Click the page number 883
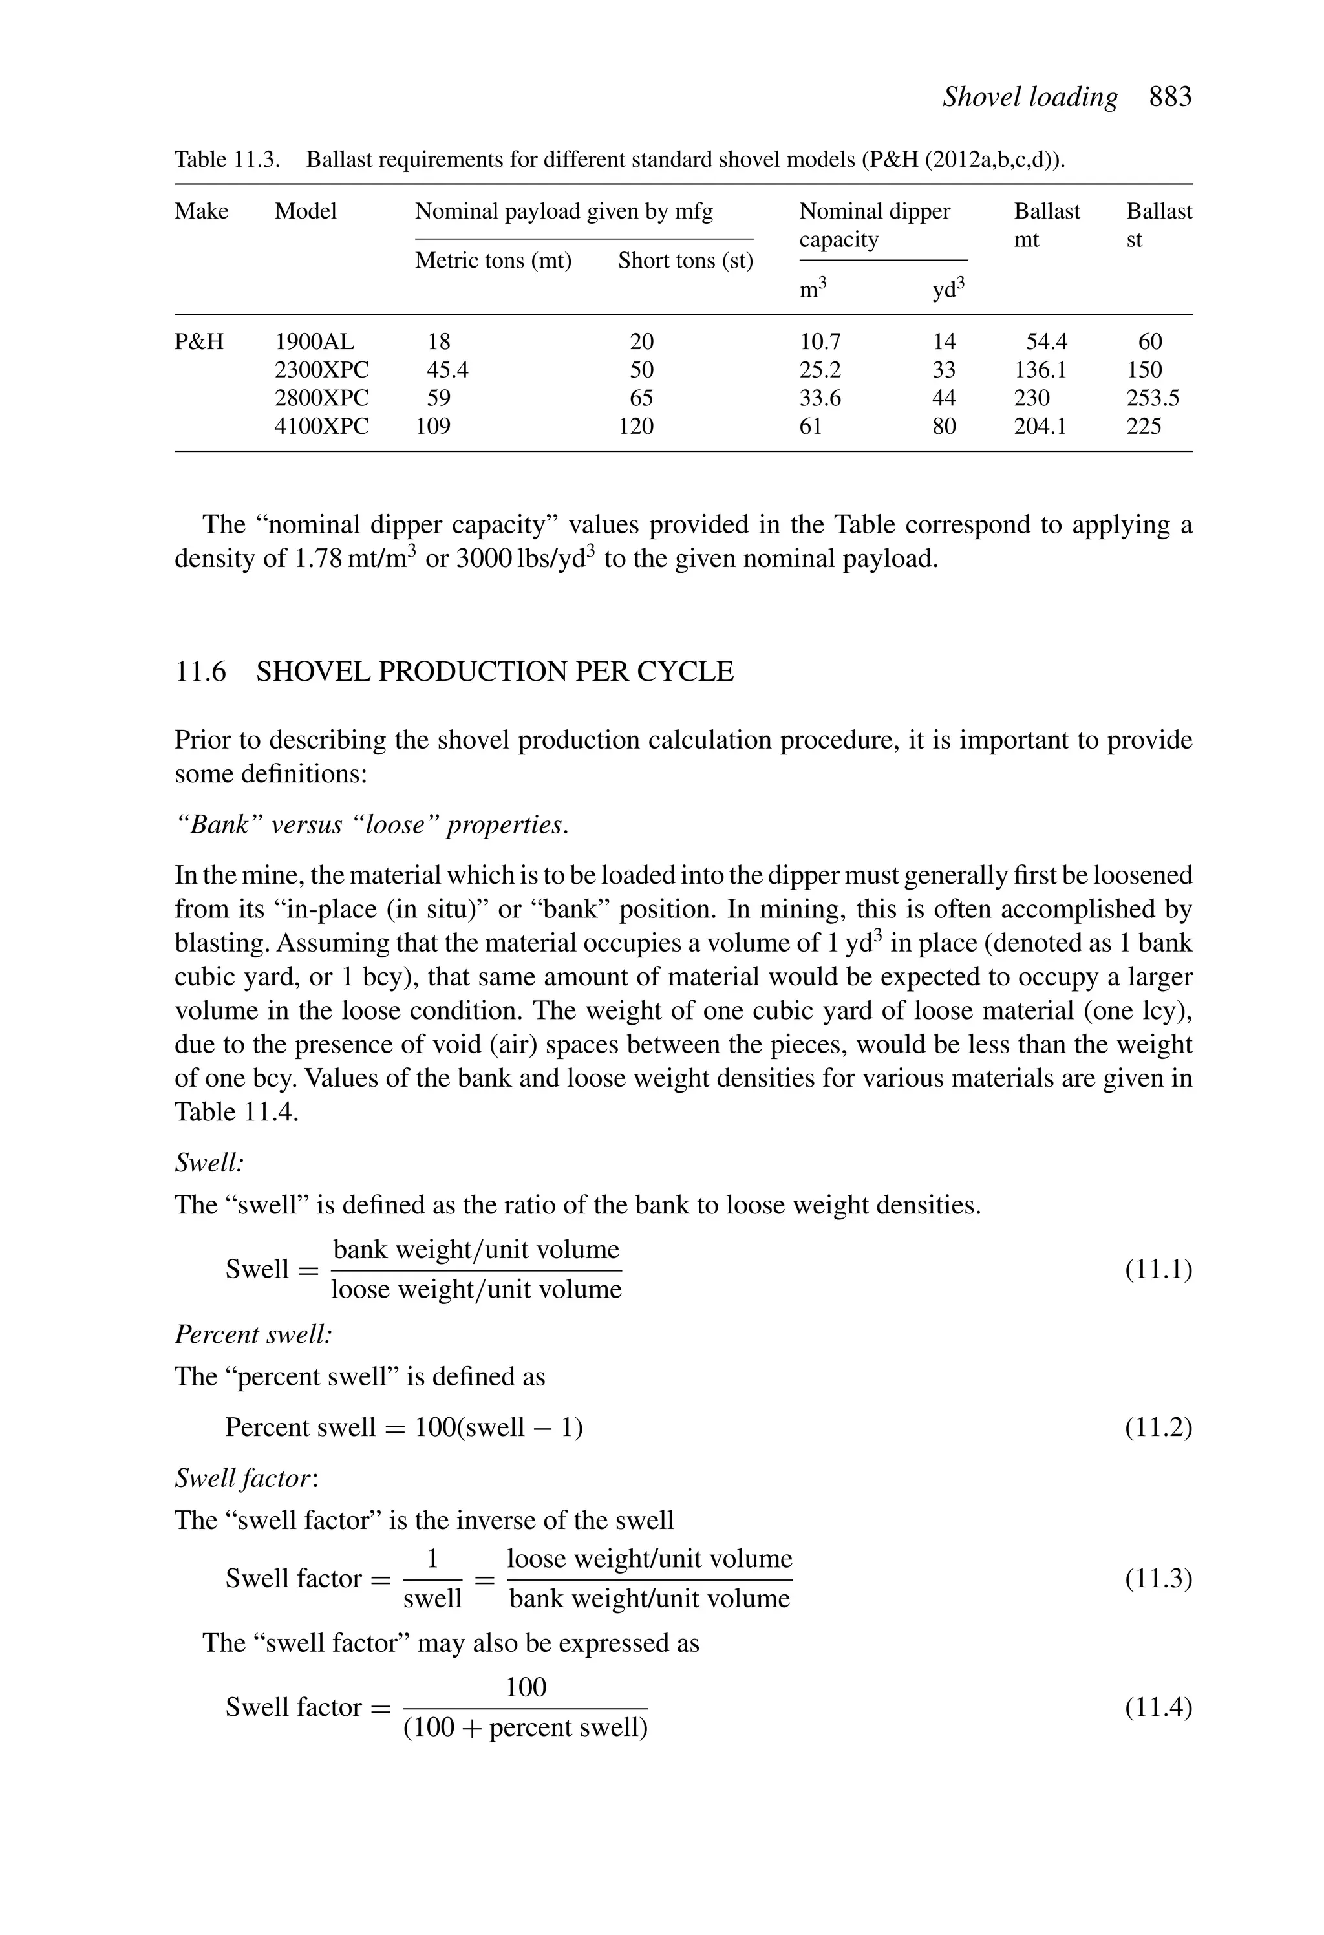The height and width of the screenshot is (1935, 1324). click(1170, 98)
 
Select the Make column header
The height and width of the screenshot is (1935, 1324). click(202, 211)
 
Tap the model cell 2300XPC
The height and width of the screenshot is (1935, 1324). click(321, 370)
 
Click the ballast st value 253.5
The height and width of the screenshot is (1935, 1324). click(1153, 398)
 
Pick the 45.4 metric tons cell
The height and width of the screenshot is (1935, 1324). click(447, 370)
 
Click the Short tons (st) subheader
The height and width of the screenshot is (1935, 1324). click(685, 261)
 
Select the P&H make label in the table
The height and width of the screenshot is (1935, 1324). click(199, 341)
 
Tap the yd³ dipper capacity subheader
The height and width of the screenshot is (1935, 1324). click(948, 289)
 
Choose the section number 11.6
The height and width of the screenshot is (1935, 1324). click(200, 671)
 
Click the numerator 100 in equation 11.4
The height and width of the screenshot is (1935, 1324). click(526, 1688)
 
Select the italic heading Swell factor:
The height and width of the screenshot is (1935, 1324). click(246, 1478)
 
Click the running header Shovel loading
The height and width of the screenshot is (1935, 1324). click(1029, 98)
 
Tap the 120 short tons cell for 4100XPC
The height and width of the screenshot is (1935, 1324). click(635, 426)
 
